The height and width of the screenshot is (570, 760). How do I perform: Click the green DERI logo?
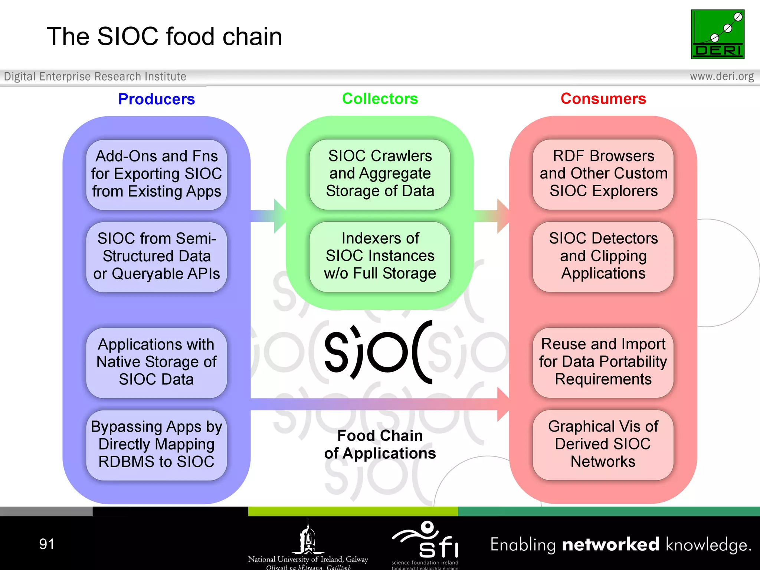717,34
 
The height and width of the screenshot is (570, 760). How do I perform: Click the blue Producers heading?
156,99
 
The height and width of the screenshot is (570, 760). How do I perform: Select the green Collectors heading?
380,99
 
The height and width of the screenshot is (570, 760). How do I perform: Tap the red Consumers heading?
603,99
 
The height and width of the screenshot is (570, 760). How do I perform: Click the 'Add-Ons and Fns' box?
156,174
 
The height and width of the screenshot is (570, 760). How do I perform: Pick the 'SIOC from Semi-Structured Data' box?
156,256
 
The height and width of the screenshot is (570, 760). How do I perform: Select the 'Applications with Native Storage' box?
156,362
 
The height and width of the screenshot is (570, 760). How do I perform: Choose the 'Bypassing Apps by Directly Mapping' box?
156,445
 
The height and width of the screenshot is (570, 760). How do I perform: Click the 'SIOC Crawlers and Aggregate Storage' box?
380,174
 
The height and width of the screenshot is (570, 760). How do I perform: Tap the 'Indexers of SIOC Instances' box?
380,256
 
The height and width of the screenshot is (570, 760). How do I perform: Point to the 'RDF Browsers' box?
603,174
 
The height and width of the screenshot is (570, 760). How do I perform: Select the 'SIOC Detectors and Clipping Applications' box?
603,256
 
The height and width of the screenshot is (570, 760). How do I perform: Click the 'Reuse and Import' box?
603,362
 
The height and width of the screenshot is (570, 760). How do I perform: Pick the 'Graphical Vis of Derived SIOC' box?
603,445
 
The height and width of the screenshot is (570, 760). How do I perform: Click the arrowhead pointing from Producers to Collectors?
279,216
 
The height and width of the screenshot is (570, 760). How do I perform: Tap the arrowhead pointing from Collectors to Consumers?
503,216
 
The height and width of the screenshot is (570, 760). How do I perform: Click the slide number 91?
47,544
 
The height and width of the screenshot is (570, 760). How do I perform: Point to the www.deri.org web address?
721,76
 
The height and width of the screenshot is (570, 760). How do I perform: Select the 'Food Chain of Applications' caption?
380,445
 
